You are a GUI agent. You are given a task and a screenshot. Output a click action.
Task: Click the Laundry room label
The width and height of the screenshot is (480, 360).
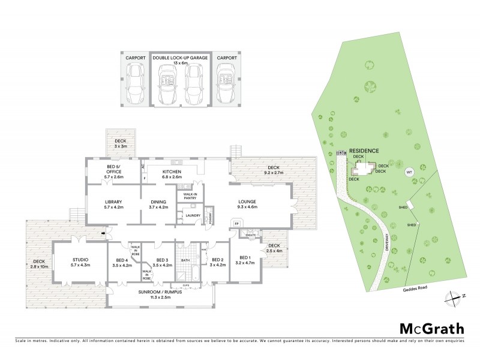[x=193, y=215]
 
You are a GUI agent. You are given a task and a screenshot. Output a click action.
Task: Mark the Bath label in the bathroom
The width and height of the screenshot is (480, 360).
[x=186, y=260]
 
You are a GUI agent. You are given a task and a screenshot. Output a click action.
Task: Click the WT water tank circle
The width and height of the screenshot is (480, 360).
[x=410, y=172]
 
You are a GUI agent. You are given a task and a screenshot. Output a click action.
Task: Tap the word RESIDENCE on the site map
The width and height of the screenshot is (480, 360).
[x=364, y=152]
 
